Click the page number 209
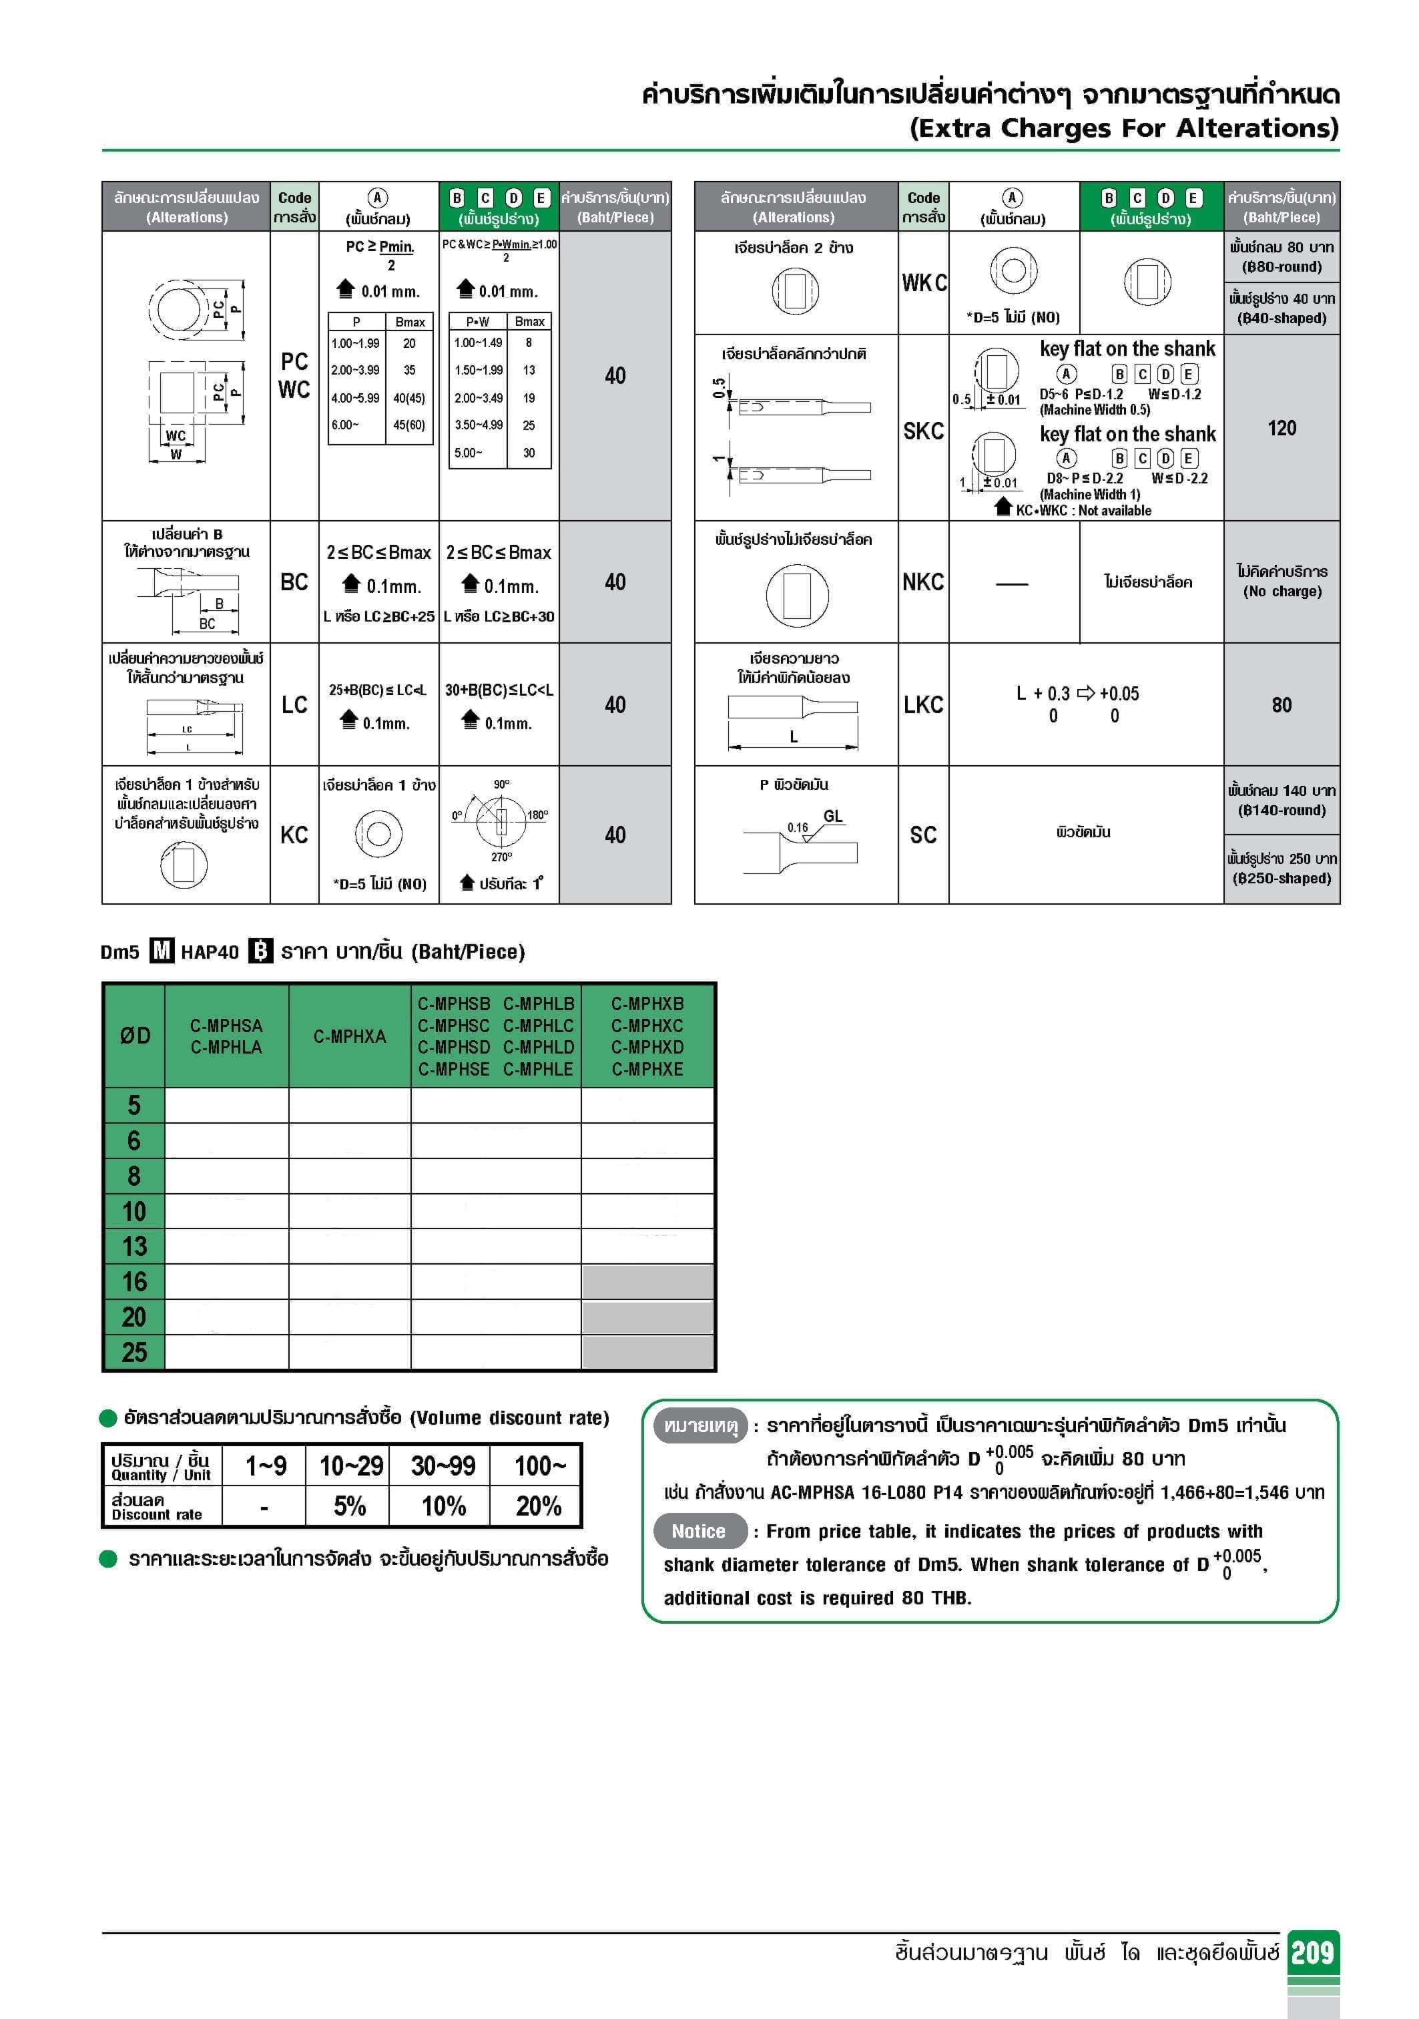point(1312,1952)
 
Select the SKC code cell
point(923,431)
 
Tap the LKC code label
point(923,704)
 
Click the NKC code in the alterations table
point(923,582)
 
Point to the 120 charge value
point(1281,428)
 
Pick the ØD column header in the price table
point(135,1036)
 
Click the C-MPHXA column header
point(350,1037)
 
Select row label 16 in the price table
point(135,1281)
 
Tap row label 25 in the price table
point(135,1351)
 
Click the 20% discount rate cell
point(538,1506)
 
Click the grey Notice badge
point(699,1531)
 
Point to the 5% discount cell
point(350,1506)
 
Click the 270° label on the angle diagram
point(501,857)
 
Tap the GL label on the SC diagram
point(832,816)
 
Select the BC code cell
point(294,582)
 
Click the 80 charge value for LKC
point(1281,704)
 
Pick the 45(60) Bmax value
point(410,425)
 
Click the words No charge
point(1282,592)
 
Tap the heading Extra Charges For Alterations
point(1123,128)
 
